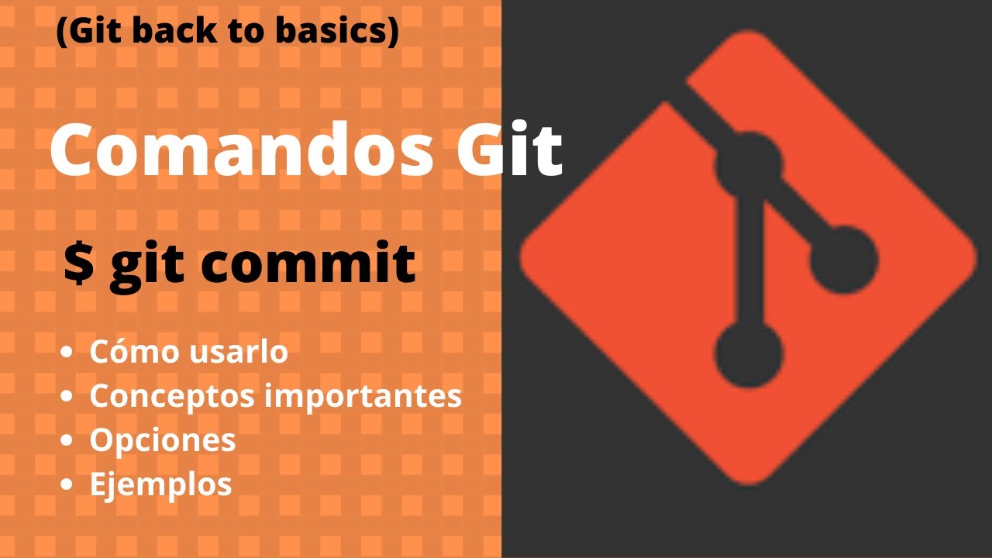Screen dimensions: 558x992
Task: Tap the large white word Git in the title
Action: pyautogui.click(x=508, y=150)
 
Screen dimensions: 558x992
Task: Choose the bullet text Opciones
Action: pyautogui.click(x=163, y=440)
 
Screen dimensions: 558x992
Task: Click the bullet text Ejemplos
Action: pyautogui.click(x=160, y=484)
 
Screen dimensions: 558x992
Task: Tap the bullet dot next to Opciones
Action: pyautogui.click(x=67, y=441)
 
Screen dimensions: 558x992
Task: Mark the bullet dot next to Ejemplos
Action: pyautogui.click(x=67, y=485)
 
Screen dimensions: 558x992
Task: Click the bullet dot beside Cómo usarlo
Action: pyautogui.click(x=67, y=353)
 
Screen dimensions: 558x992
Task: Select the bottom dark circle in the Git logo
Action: pyautogui.click(x=748, y=354)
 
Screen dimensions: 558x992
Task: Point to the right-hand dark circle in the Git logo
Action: pyautogui.click(x=843, y=260)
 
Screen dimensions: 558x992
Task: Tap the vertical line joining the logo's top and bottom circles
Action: pyautogui.click(x=748, y=260)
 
